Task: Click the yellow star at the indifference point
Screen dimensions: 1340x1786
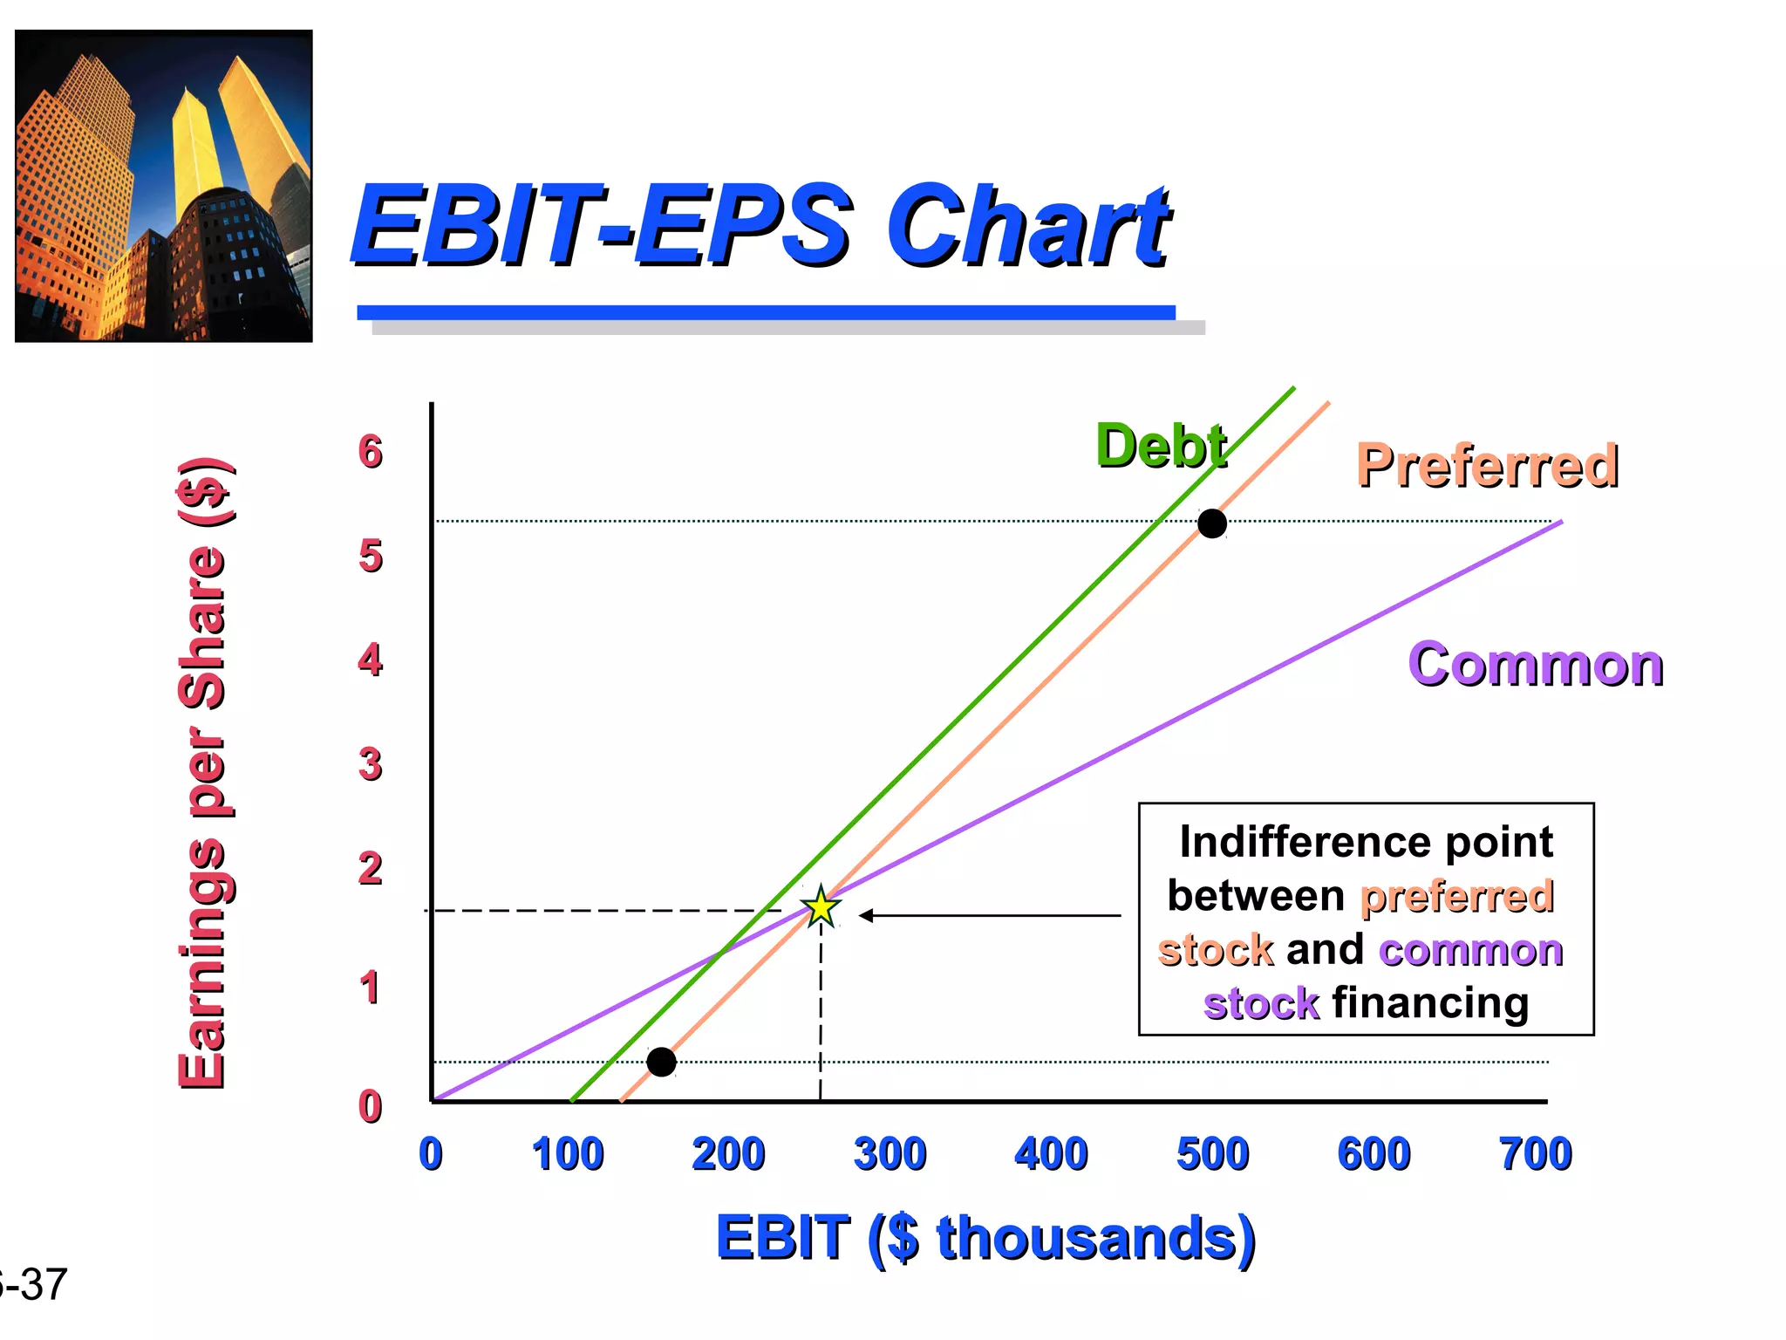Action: [821, 908]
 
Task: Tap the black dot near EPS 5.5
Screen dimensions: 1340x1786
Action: [1211, 523]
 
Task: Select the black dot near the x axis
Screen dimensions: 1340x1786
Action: [661, 1062]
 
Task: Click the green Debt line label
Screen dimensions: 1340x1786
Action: [1161, 446]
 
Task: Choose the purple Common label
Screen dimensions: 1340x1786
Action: [1536, 665]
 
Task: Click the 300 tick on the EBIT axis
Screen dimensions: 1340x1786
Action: [890, 1153]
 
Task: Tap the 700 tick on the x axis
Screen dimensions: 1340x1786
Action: [1535, 1153]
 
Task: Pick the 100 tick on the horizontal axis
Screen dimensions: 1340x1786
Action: [568, 1153]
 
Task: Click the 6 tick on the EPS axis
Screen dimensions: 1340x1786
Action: [371, 452]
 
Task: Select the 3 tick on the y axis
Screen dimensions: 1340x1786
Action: [371, 764]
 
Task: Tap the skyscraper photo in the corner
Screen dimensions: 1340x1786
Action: [164, 186]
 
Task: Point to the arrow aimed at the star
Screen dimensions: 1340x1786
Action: [990, 915]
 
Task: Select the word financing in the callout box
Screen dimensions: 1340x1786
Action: [1430, 1002]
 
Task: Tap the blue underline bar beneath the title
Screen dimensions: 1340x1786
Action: [766, 312]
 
